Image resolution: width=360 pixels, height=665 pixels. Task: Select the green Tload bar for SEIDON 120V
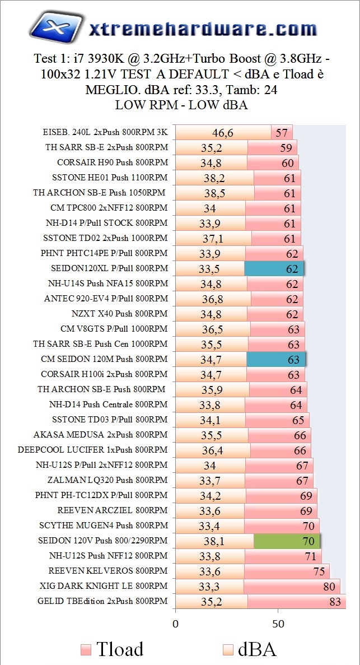287,541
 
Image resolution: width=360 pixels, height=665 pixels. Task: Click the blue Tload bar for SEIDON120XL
274,269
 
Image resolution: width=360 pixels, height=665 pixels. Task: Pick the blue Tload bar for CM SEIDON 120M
276,360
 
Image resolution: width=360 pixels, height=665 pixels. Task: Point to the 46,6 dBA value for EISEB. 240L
222,133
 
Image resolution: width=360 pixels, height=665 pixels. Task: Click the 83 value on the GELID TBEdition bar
335,602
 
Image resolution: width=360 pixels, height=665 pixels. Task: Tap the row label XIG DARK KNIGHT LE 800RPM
104,587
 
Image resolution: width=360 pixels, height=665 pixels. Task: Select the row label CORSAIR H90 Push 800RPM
112,163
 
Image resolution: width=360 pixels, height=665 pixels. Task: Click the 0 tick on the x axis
176,623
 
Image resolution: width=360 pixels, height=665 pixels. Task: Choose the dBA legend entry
248,649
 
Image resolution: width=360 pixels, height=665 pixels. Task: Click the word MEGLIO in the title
110,90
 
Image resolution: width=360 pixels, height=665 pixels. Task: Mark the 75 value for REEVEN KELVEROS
319,571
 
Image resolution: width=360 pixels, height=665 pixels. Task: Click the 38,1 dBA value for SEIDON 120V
214,541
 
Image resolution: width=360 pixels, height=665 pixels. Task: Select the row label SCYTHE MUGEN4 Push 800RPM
104,526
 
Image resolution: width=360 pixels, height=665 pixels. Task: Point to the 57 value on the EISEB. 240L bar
281,133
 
